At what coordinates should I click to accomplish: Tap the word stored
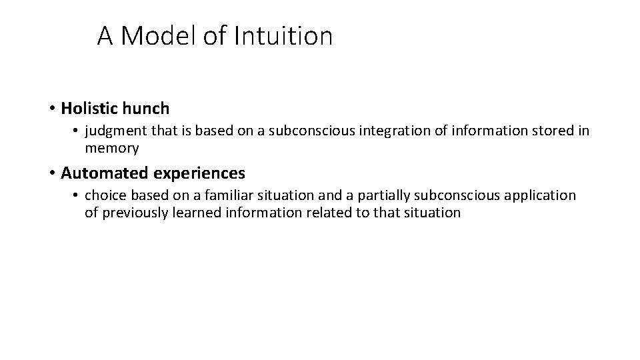555,131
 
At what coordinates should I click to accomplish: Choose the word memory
111,149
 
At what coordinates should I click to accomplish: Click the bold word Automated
104,173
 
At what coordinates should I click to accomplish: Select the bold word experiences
199,173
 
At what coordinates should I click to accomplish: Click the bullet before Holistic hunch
51,108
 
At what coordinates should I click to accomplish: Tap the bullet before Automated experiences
51,173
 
